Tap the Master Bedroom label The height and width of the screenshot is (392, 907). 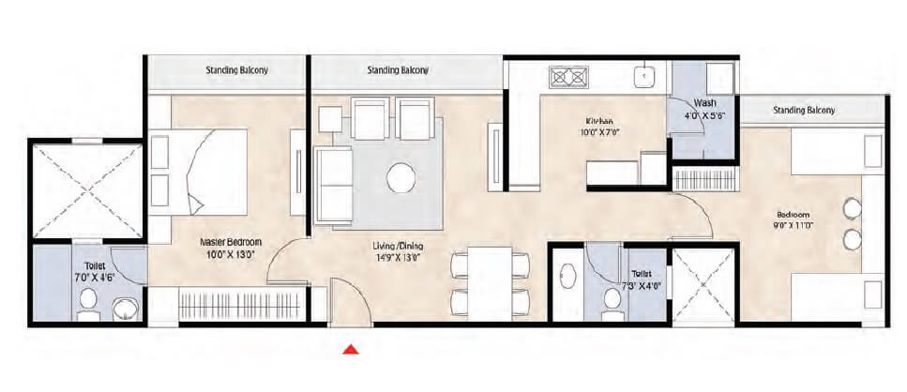(x=230, y=241)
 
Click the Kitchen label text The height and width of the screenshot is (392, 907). (x=599, y=121)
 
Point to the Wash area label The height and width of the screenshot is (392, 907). (x=705, y=103)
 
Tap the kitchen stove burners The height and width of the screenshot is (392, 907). (x=568, y=76)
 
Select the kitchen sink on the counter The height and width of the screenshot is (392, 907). (x=646, y=75)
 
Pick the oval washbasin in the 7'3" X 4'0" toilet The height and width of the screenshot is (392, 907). (x=568, y=279)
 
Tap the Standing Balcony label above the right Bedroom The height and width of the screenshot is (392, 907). (x=804, y=110)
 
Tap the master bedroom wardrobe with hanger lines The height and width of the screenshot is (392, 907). (x=239, y=307)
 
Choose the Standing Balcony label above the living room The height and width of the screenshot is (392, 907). (x=398, y=70)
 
